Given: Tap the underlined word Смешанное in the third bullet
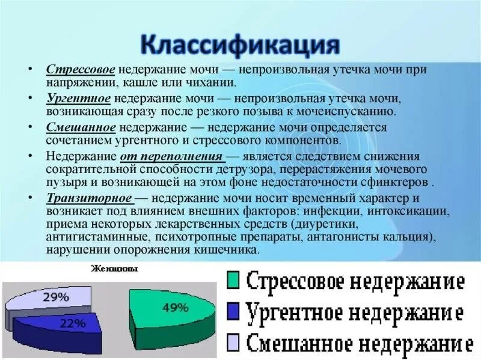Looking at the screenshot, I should point(81,128).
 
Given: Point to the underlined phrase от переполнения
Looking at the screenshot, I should point(171,156).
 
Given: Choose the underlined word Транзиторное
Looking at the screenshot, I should point(89,198).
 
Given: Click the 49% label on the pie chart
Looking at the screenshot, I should point(176,308).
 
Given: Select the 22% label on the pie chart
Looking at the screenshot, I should point(72,323).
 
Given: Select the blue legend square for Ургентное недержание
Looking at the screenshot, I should point(235,311).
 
